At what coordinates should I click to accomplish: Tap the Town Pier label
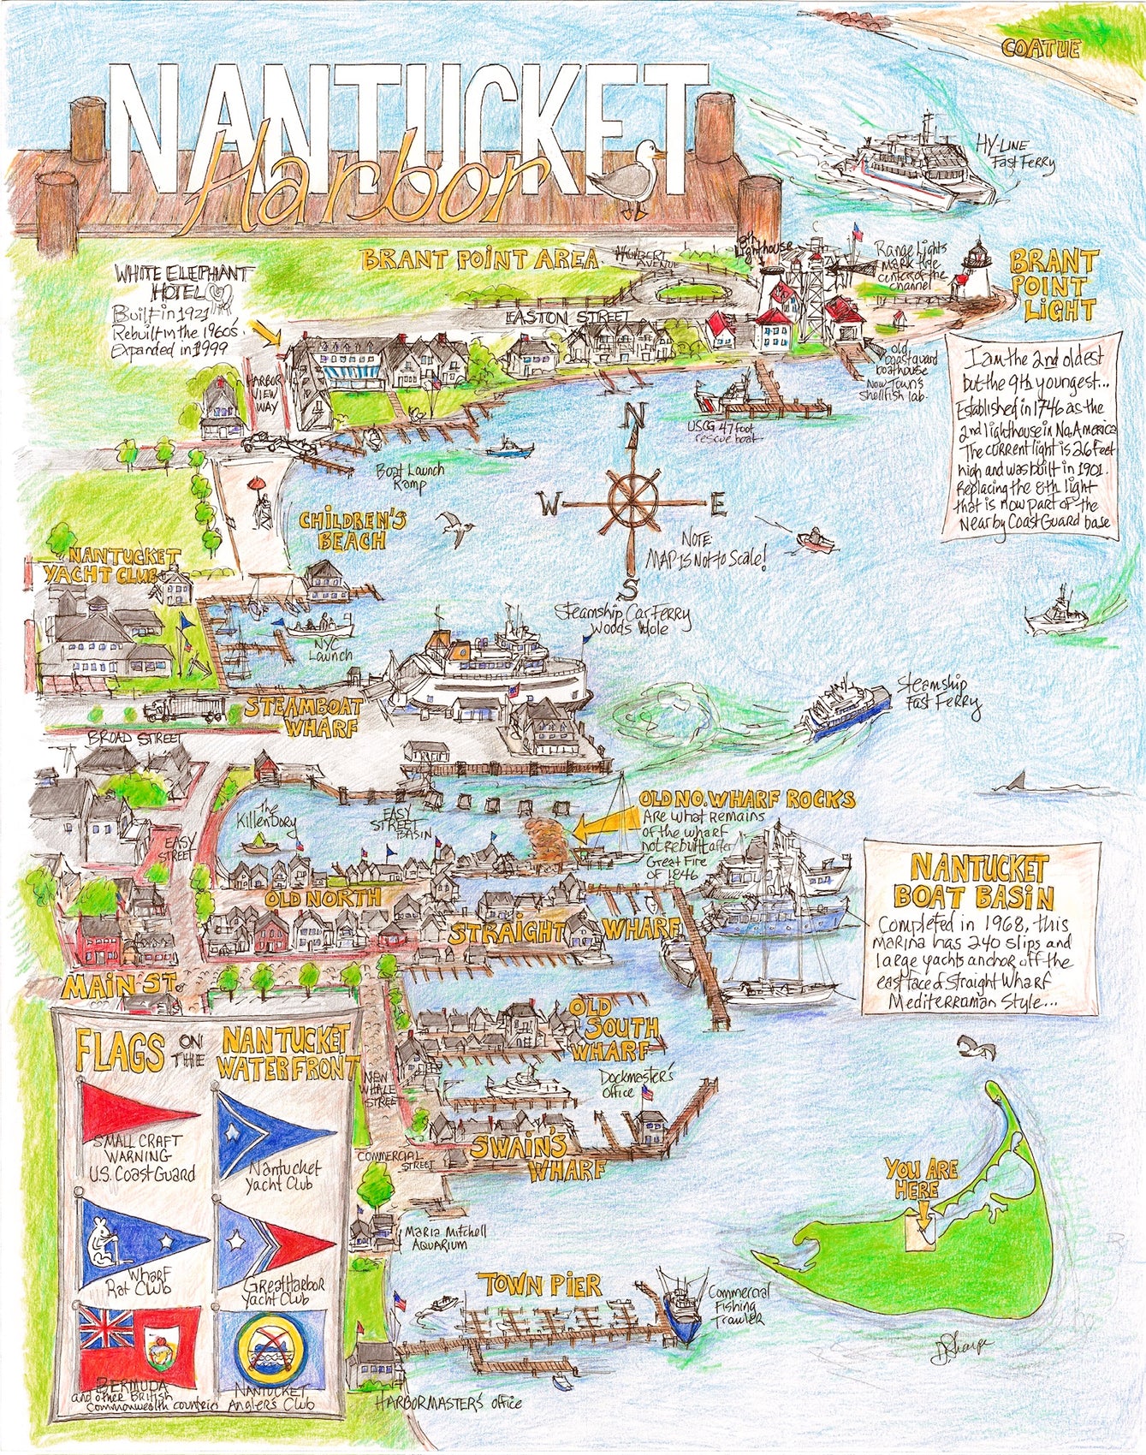pos(539,1285)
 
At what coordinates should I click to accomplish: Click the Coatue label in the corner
pos(1041,49)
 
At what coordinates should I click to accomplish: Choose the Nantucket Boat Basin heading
pos(979,882)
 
